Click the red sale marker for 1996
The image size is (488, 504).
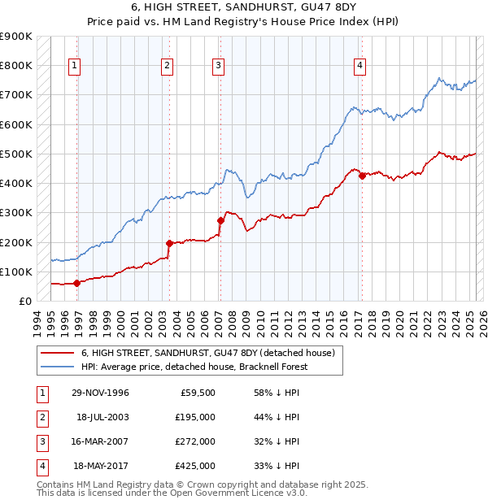tap(76, 283)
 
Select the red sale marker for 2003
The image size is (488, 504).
tap(169, 243)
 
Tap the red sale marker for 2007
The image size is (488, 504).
tap(220, 220)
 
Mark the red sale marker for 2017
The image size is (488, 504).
tap(361, 176)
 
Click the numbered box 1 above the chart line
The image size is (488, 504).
tap(74, 67)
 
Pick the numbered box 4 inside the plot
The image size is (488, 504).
tap(359, 67)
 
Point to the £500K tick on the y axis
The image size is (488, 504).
tap(15, 154)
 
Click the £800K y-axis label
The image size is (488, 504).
tap(15, 65)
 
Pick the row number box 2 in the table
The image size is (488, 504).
tap(41, 417)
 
